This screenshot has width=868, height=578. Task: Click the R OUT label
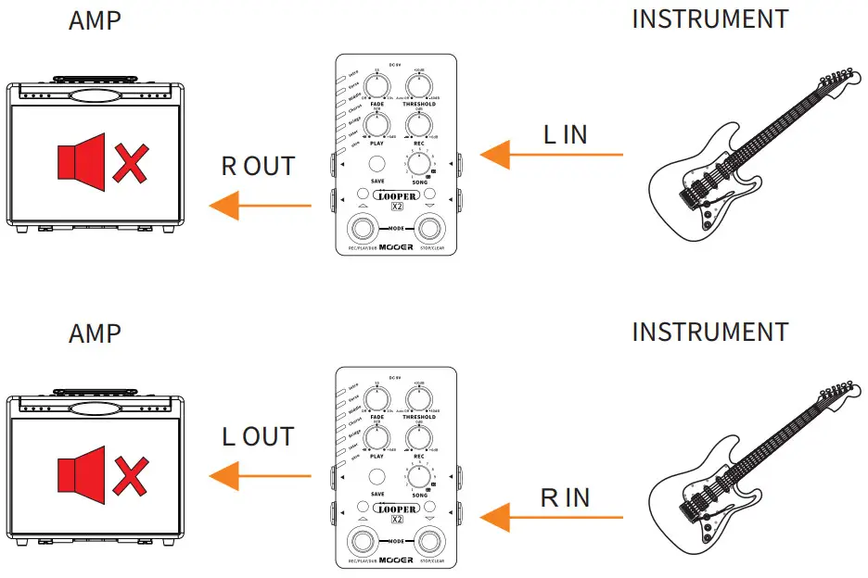[258, 167]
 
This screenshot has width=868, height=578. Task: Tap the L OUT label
[258, 436]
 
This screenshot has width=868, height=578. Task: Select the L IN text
[565, 135]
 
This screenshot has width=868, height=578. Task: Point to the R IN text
[565, 497]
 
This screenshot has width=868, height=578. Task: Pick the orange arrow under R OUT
[260, 206]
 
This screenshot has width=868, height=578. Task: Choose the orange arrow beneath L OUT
[260, 476]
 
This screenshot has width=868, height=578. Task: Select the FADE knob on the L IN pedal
[377, 87]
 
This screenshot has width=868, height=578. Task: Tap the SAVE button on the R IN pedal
[377, 477]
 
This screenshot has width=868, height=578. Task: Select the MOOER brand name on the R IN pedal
[396, 559]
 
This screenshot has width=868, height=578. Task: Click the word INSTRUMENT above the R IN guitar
[709, 332]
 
